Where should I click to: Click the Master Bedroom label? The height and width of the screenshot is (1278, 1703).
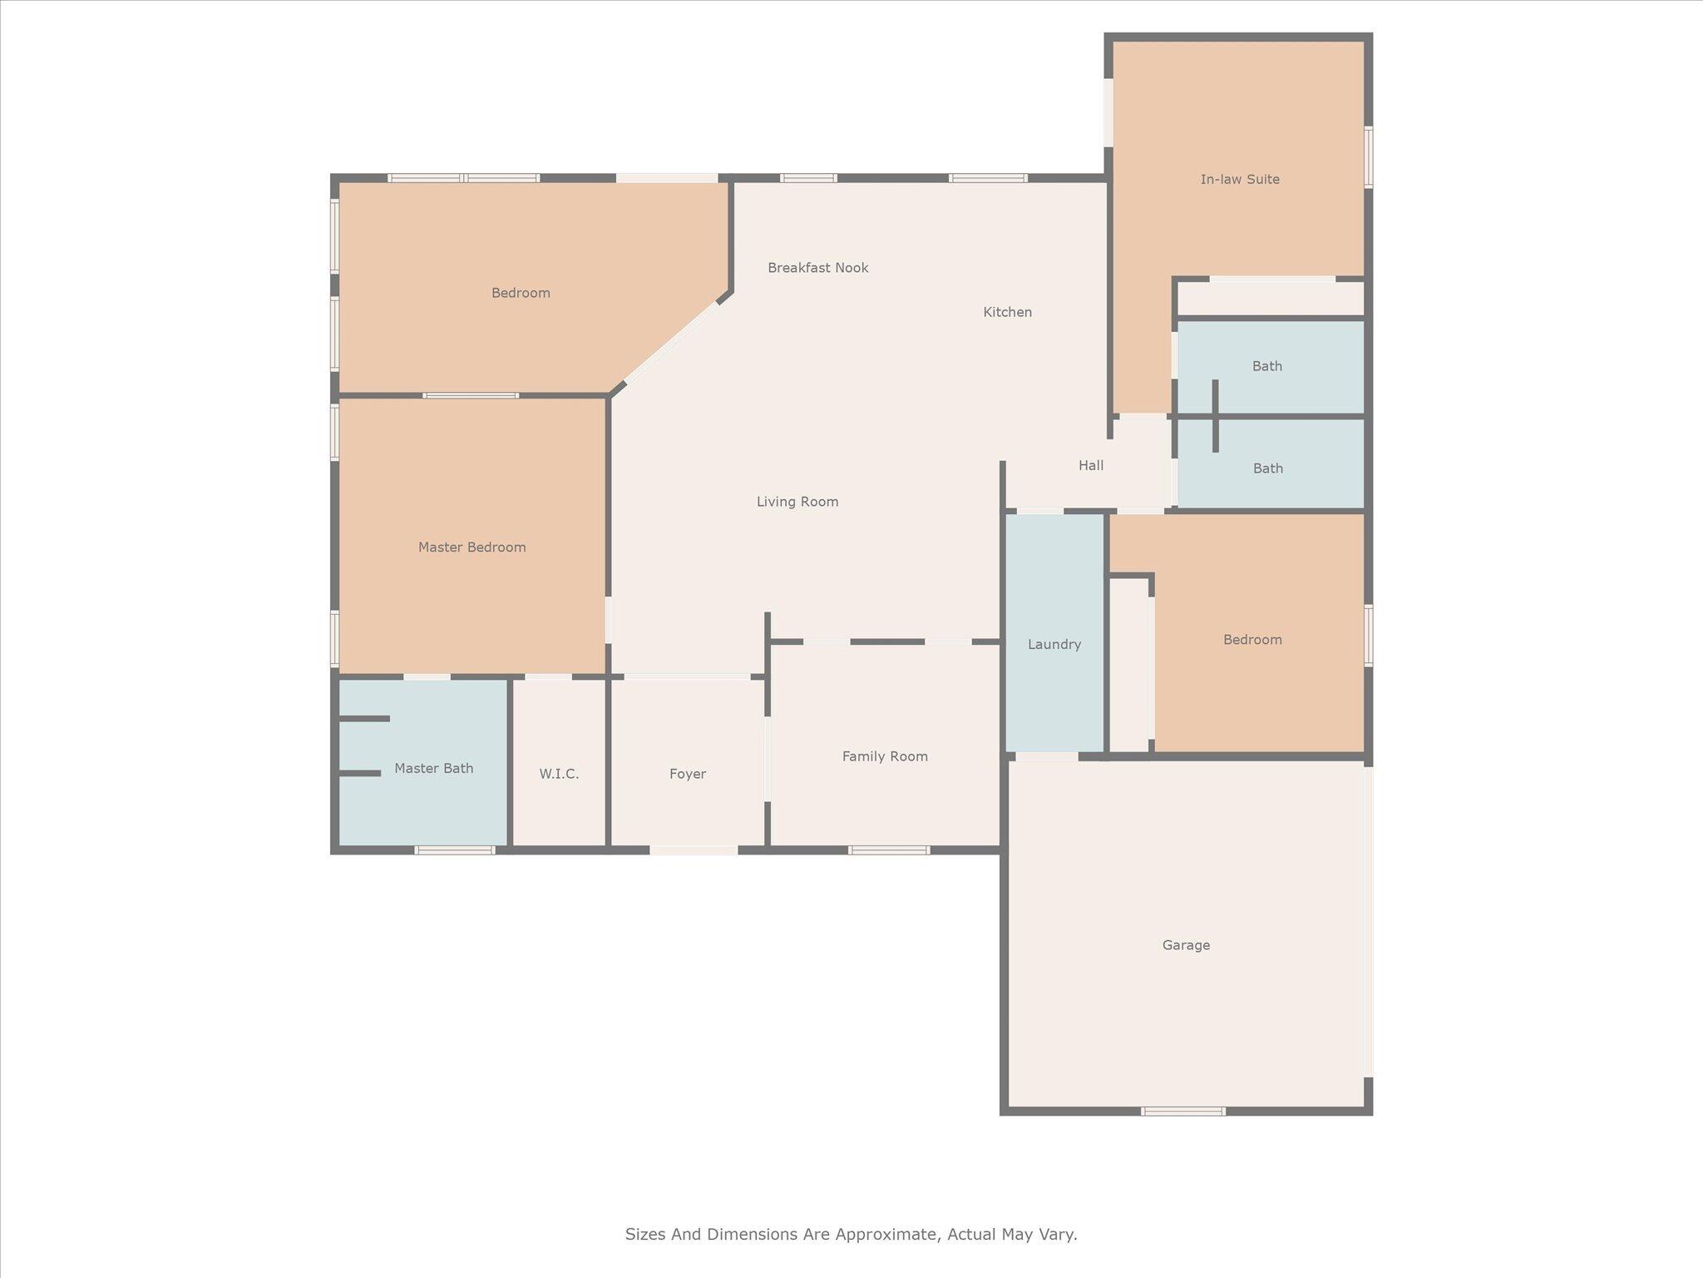[471, 547]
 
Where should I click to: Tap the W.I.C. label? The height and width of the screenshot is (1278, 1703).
[559, 774]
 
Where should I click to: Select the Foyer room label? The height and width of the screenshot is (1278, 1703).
[688, 774]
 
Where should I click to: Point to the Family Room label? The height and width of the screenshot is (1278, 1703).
[885, 756]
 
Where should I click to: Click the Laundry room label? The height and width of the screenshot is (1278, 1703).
[1054, 644]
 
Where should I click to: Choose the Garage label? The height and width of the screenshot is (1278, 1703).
[1186, 945]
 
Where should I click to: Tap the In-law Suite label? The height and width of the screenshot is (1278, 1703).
[1240, 179]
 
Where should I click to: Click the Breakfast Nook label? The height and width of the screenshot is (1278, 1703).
[817, 268]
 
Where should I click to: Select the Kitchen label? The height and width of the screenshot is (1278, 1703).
[1007, 312]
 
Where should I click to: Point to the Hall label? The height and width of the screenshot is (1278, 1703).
[1091, 465]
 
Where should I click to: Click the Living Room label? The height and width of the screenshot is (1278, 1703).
[797, 502]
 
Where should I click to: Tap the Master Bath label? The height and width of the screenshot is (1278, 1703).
[433, 768]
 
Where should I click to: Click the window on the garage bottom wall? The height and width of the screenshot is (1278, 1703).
[1182, 1112]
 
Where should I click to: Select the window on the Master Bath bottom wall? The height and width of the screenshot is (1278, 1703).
[455, 850]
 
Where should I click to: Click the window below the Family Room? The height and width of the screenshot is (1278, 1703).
[889, 850]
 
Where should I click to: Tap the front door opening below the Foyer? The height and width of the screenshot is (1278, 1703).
[694, 850]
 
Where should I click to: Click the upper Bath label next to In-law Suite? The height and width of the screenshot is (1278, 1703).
[1267, 366]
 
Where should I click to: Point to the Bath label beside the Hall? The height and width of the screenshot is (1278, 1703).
[1268, 468]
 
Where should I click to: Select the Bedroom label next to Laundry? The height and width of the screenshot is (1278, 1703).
[1252, 640]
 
